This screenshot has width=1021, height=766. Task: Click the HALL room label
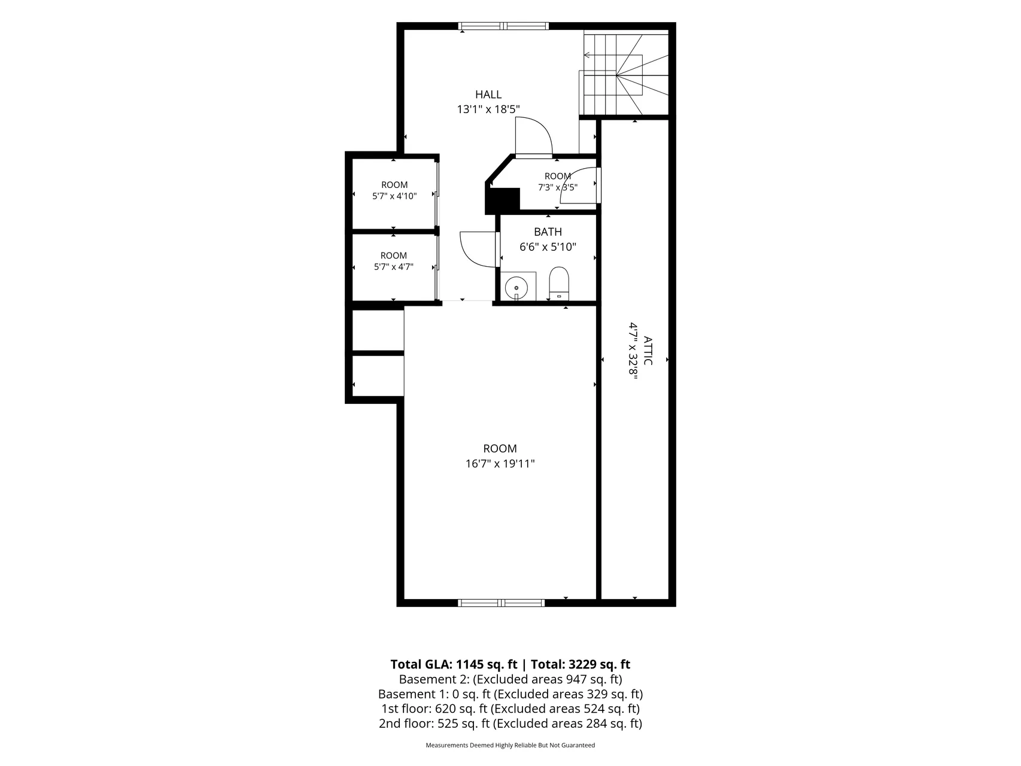point(488,95)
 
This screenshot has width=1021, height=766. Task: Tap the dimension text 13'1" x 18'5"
point(488,110)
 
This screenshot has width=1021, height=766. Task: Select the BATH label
point(548,232)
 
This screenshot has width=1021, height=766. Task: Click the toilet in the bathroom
point(558,283)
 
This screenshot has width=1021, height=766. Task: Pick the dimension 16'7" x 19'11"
point(500,464)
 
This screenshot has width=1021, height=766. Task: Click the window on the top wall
point(503,26)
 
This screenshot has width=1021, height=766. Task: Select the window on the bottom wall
point(502,603)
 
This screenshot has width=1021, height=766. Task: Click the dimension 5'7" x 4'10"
point(394,196)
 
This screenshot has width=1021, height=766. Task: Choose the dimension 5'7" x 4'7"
point(393,267)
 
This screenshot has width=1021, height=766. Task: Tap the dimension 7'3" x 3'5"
point(557,187)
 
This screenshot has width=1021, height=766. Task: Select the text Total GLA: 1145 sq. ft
point(454,664)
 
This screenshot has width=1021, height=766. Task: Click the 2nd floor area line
point(511,724)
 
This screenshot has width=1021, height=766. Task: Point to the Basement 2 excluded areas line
point(511,679)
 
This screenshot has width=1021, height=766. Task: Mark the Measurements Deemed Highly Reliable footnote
point(511,746)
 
